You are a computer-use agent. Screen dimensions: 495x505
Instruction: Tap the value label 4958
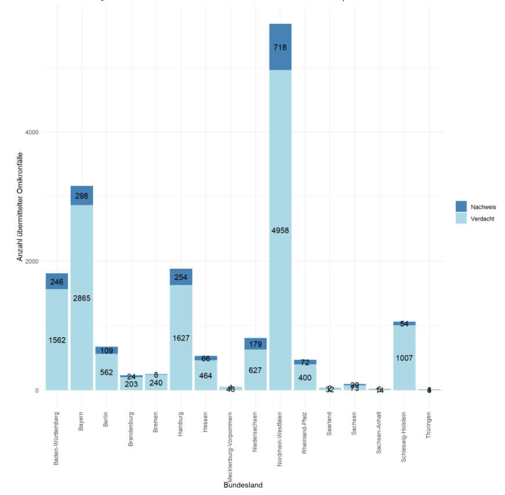click(280, 230)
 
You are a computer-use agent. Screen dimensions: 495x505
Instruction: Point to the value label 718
click(280, 47)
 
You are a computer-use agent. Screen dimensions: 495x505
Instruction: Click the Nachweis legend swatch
click(461, 207)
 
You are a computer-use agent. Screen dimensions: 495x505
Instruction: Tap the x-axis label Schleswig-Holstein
click(404, 437)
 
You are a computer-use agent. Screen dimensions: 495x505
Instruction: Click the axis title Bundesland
click(243, 485)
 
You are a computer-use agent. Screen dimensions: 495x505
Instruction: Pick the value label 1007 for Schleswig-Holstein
click(404, 357)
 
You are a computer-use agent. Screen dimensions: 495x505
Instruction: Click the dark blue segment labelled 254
click(181, 277)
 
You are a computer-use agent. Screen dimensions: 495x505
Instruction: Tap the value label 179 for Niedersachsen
click(255, 344)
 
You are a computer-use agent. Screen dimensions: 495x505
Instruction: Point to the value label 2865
click(82, 298)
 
